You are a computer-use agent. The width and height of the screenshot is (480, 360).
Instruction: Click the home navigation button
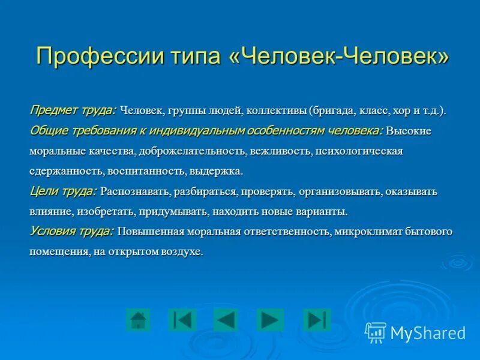click(x=139, y=319)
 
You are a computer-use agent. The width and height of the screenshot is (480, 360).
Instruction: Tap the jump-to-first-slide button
click(x=182, y=319)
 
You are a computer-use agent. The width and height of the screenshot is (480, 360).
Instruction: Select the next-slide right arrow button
click(x=269, y=319)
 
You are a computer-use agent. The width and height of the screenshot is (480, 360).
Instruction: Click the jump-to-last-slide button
click(x=316, y=319)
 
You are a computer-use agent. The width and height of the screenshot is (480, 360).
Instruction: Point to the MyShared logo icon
click(x=376, y=332)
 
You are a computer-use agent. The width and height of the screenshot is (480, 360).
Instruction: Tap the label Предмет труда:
click(x=73, y=110)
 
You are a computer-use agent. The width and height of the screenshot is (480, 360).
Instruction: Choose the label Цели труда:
click(x=63, y=191)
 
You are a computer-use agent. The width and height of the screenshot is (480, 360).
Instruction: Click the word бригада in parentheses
click(x=334, y=111)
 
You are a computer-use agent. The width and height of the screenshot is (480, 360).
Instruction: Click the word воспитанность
click(x=146, y=172)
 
